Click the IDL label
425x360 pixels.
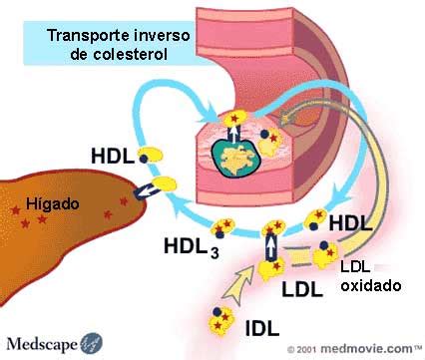262,325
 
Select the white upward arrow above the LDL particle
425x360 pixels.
269,243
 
